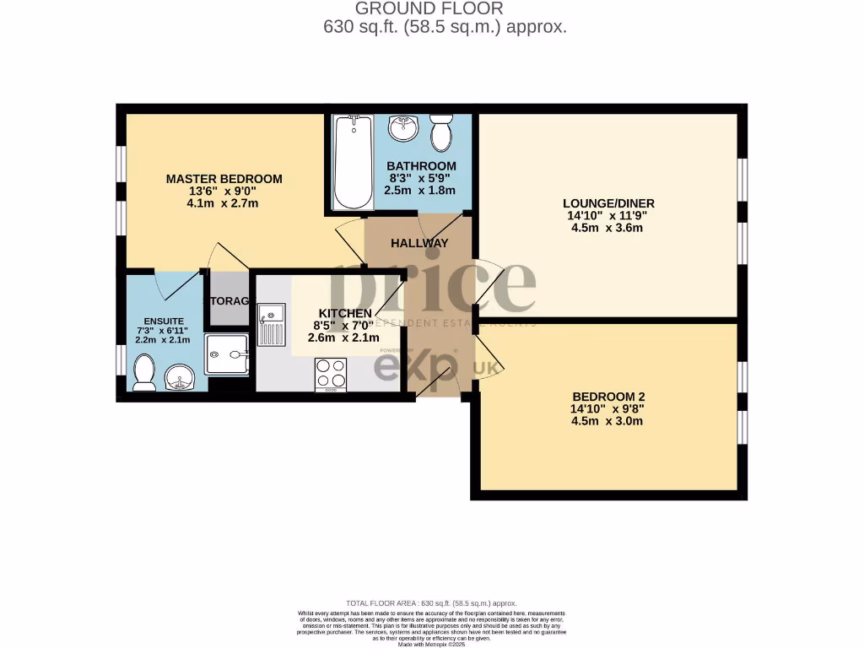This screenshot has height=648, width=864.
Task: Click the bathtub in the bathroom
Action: pyautogui.click(x=352, y=162)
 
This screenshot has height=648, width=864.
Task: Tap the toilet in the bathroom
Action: pyautogui.click(x=440, y=132)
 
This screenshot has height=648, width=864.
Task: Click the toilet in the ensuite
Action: pyautogui.click(x=144, y=372)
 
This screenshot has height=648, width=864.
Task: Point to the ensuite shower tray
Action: pyautogui.click(x=227, y=354)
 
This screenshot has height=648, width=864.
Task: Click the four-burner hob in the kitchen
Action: pyautogui.click(x=330, y=375)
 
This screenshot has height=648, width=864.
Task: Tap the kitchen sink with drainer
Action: pyautogui.click(x=273, y=326)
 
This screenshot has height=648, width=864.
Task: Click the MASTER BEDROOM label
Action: pyautogui.click(x=224, y=179)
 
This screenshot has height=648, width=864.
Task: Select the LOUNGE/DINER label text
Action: pyautogui.click(x=608, y=203)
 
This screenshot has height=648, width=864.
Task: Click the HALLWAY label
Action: pyautogui.click(x=419, y=243)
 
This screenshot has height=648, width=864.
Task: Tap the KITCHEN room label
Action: pyautogui.click(x=344, y=313)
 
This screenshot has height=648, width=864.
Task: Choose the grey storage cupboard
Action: pyautogui.click(x=229, y=300)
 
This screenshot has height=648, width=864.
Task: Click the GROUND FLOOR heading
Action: pyautogui.click(x=429, y=8)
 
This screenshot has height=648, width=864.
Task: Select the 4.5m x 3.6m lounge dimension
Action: pyautogui.click(x=608, y=227)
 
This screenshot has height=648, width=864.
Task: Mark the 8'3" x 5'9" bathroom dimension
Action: pyautogui.click(x=420, y=178)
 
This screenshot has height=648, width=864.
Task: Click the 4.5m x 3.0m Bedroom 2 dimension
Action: pyautogui.click(x=607, y=421)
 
